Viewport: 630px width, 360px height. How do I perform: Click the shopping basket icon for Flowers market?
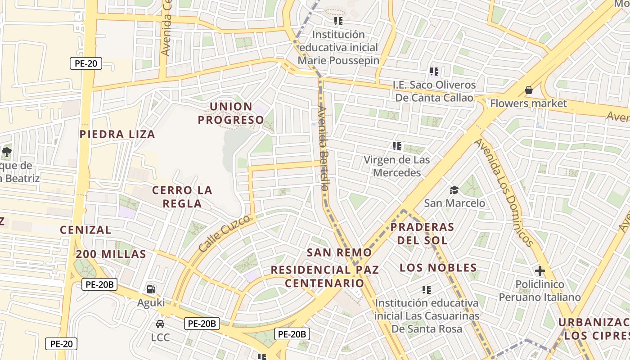click(x=528, y=90)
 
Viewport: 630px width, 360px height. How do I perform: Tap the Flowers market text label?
click(x=528, y=103)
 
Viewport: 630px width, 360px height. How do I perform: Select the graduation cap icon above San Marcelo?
click(x=454, y=190)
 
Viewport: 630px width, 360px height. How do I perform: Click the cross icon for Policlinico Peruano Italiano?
click(x=540, y=271)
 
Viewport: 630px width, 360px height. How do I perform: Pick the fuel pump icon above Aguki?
click(x=151, y=289)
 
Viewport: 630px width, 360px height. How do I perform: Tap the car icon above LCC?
click(x=160, y=324)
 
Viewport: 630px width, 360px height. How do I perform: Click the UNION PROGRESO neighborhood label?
click(x=231, y=113)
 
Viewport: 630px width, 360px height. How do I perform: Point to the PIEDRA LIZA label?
click(x=117, y=134)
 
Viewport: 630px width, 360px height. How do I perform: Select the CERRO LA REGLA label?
click(x=182, y=197)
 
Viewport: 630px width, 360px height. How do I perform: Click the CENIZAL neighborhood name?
click(x=85, y=230)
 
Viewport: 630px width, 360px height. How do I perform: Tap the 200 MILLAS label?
click(x=111, y=254)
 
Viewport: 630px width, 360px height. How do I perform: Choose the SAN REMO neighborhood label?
click(x=339, y=252)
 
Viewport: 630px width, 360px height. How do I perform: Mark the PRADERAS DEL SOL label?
click(x=422, y=233)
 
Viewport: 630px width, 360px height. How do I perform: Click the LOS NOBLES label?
click(x=438, y=268)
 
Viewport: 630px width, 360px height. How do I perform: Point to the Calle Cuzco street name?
click(x=224, y=234)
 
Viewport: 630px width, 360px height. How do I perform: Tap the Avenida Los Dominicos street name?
click(x=504, y=192)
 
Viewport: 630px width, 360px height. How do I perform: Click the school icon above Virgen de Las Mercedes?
click(x=396, y=146)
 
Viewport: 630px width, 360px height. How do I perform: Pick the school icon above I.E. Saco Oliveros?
click(x=434, y=72)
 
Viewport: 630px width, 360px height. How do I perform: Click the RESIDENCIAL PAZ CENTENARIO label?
click(x=324, y=276)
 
